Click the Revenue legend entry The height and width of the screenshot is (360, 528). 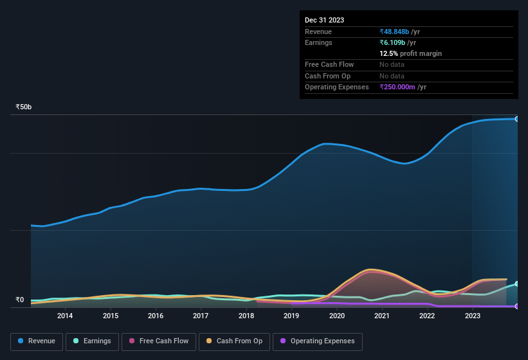pyautogui.click(x=37, y=341)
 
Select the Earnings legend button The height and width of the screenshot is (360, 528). pyautogui.click(x=93, y=341)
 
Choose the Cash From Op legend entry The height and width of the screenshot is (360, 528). pyautogui.click(x=233, y=341)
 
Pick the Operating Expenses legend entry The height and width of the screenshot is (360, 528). pyautogui.click(x=317, y=341)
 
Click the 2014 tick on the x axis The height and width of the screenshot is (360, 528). pyautogui.click(x=64, y=316)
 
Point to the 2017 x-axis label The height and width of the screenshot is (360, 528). pyautogui.click(x=201, y=316)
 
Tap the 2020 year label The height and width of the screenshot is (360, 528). pyautogui.click(x=336, y=316)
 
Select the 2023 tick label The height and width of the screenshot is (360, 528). pyautogui.click(x=473, y=316)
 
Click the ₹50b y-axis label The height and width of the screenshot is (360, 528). pyautogui.click(x=24, y=107)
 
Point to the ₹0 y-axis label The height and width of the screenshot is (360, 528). pyautogui.click(x=20, y=300)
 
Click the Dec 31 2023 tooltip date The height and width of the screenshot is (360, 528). pyautogui.click(x=324, y=20)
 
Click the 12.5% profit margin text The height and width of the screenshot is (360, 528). pyautogui.click(x=410, y=53)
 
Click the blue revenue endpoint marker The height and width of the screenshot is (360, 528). pyautogui.click(x=517, y=119)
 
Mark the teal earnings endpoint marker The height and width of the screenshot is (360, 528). pyautogui.click(x=517, y=283)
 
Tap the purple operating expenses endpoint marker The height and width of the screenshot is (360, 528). pyautogui.click(x=517, y=306)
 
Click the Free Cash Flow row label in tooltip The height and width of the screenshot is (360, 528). pyautogui.click(x=329, y=65)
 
